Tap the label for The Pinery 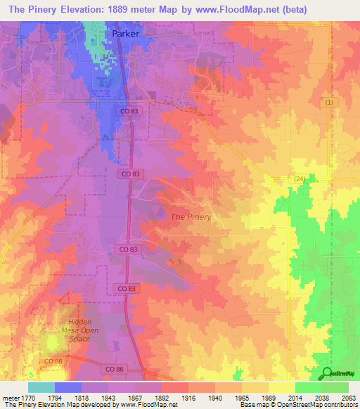pos(191,216)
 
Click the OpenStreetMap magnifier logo pos(326,372)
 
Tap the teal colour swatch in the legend pos(41,387)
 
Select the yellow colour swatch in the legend pos(282,387)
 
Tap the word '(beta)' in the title pos(342,9)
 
